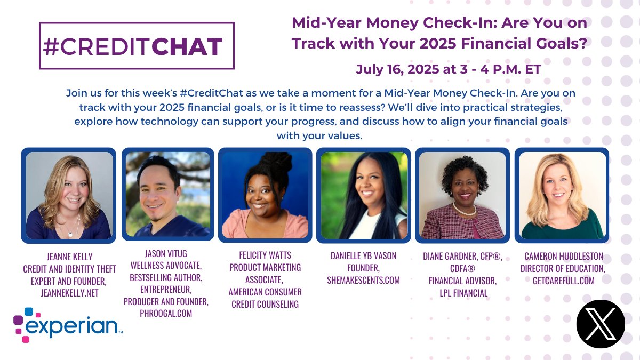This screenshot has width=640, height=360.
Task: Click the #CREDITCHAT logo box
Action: [137, 46]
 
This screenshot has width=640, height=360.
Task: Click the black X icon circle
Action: [600, 324]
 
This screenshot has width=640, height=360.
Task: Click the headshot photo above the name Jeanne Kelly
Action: [69, 195]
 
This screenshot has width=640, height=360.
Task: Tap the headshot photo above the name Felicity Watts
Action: [265, 195]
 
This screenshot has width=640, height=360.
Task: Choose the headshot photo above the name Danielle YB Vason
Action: [363, 195]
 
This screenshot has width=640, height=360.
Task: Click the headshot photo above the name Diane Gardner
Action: [462, 195]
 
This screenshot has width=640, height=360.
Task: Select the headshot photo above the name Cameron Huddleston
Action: [562, 195]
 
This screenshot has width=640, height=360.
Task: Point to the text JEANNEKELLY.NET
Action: [69, 292]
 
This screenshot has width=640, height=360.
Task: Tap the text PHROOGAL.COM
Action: [166, 314]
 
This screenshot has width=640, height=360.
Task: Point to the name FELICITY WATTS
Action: [265, 255]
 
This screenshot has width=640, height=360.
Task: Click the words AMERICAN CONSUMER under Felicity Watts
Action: [265, 292]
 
